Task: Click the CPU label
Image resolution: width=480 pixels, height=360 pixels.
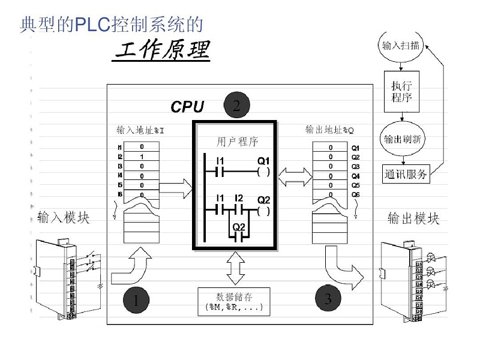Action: (187, 107)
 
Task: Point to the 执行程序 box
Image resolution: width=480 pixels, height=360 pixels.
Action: (401, 91)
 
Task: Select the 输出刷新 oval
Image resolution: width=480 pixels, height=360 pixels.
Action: (401, 139)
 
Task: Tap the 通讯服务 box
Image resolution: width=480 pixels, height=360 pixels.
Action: (406, 175)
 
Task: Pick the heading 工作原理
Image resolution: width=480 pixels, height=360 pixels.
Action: (162, 52)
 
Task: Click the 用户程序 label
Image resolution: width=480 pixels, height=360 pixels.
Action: (235, 142)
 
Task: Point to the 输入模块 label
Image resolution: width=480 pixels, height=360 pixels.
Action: (64, 217)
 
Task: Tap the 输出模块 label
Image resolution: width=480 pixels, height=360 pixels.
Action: (413, 218)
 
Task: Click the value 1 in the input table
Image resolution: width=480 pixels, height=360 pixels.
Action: (142, 157)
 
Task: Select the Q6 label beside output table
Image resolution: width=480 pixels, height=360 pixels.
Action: (355, 195)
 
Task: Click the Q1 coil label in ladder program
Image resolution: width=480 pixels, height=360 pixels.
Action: (264, 161)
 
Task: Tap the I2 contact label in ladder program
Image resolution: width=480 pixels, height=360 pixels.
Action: (239, 198)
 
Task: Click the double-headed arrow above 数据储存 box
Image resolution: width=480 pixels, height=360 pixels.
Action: (235, 268)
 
